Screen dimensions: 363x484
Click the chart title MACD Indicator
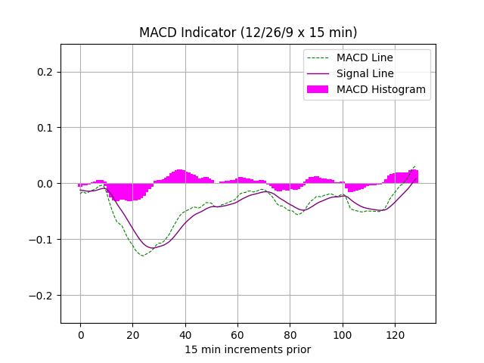point(248,33)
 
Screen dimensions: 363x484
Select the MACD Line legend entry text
point(365,57)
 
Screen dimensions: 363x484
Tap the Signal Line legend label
point(365,73)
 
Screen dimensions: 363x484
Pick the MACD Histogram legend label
point(380,89)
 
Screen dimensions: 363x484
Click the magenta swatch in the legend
point(318,89)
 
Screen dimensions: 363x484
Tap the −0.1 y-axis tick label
point(43,240)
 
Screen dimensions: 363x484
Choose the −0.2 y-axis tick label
point(43,296)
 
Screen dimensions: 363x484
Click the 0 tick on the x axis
point(80,335)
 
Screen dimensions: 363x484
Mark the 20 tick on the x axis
point(132,335)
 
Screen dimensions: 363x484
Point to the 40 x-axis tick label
point(185,335)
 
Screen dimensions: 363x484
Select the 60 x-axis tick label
point(237,335)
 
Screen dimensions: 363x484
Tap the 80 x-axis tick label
point(290,335)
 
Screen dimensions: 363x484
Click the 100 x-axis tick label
point(343,335)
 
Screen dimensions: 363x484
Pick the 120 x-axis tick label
point(395,335)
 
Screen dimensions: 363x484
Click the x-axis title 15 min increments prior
point(248,349)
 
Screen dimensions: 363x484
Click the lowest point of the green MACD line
point(142,256)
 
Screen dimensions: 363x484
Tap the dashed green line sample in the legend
point(318,57)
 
